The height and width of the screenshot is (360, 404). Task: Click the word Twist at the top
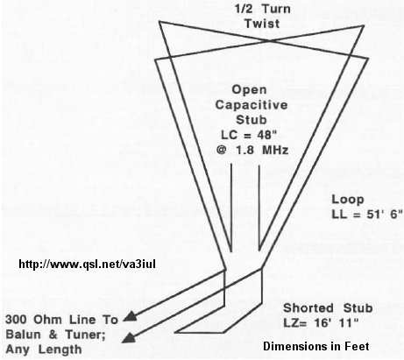tap(262, 24)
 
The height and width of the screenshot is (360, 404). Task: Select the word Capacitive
tap(252, 105)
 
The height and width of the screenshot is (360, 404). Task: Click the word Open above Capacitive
tap(249, 89)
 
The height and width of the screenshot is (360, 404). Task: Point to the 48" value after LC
tap(266, 135)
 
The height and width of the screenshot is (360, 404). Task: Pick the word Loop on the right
tap(348, 200)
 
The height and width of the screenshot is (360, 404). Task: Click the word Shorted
tap(308, 308)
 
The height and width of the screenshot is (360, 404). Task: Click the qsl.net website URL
tap(87, 264)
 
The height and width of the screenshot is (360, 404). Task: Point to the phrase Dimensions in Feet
tap(315, 346)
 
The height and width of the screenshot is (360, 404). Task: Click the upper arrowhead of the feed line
tap(131, 317)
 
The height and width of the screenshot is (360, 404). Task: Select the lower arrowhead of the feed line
tap(129, 338)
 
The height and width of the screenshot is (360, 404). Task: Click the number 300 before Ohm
tap(17, 320)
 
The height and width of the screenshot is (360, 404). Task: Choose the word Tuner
tap(85, 335)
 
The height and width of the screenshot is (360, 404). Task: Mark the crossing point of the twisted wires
tap(269, 41)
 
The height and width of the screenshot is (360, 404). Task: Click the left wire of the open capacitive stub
tap(231, 208)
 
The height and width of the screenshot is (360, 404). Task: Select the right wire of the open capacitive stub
tap(259, 208)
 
